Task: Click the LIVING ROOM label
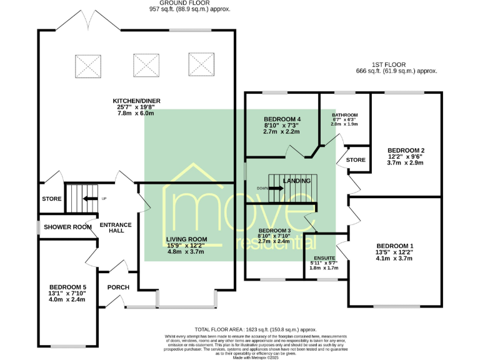coord(186,239)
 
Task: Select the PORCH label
coord(118,287)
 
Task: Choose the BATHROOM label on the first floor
coord(344,115)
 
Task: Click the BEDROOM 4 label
coord(282,119)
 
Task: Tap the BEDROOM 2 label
coord(406,151)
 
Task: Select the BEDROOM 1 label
coord(395,246)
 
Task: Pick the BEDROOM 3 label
coord(274,230)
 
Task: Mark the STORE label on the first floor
coord(356,160)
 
